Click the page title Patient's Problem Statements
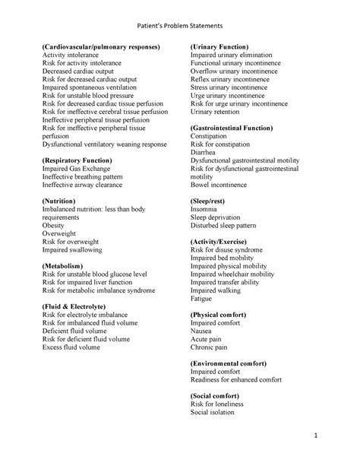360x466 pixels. coord(179,26)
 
